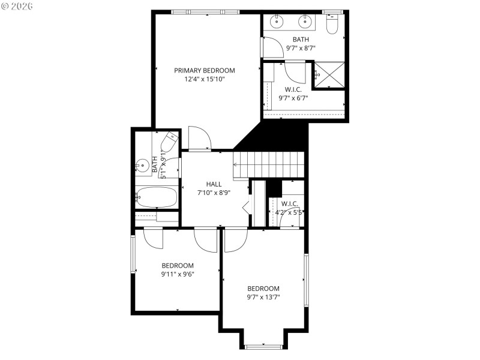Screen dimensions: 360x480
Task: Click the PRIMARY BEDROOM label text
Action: coord(205,70)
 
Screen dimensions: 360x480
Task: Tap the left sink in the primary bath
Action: coord(278,22)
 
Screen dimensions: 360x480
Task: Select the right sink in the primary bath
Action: coord(305,22)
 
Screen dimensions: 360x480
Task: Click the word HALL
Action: coord(214,184)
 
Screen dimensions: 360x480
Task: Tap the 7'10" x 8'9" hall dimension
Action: coord(214,193)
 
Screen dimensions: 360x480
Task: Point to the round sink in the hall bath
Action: coord(143,164)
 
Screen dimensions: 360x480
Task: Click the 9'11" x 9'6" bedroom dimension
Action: coord(178,274)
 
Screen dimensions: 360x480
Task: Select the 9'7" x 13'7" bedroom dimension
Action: coord(263,296)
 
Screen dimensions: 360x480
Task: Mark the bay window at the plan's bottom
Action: coord(263,346)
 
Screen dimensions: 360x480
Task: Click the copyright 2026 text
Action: coord(18,6)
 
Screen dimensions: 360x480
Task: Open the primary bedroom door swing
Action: coord(199,139)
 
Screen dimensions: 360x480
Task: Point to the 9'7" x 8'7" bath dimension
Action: coord(301,47)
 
